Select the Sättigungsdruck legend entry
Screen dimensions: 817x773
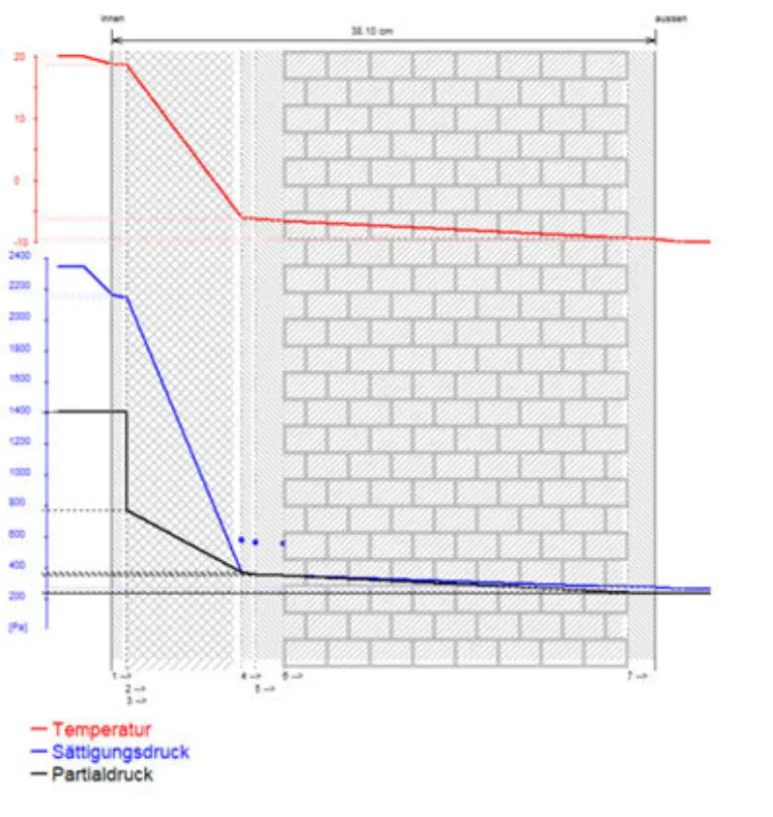click(120, 751)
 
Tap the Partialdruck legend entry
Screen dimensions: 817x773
click(102, 775)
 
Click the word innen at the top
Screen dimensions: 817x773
click(112, 18)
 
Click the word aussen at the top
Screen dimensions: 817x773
click(671, 18)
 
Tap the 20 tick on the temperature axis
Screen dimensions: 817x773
click(18, 57)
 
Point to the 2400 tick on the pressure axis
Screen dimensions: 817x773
click(19, 256)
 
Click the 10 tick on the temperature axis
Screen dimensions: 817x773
click(18, 119)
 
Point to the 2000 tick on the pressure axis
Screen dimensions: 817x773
click(19, 318)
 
